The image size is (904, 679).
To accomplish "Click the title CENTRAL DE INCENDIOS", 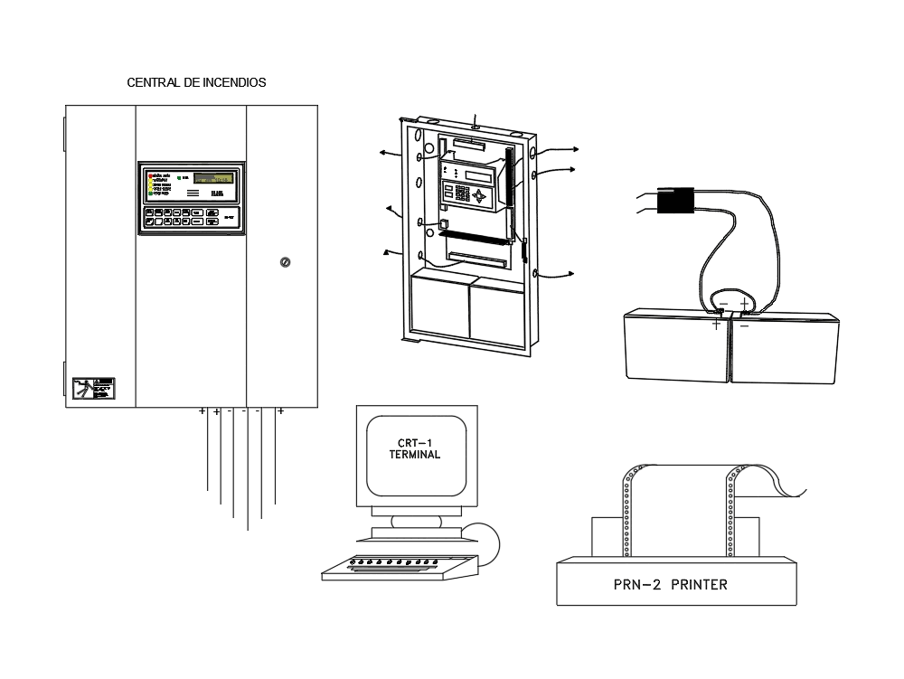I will click(196, 82).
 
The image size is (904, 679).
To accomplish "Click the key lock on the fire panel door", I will click(284, 262).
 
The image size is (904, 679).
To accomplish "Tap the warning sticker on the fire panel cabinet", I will click(94, 388).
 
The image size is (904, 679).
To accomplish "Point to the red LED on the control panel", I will click(152, 174).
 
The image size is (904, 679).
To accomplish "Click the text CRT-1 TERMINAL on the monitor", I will click(414, 449).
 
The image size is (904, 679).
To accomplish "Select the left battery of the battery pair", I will click(676, 344).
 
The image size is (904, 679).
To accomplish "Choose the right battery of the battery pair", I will click(785, 347).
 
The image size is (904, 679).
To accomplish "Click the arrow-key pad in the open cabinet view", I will click(481, 194).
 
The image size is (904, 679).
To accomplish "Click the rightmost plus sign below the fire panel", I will click(280, 411).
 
